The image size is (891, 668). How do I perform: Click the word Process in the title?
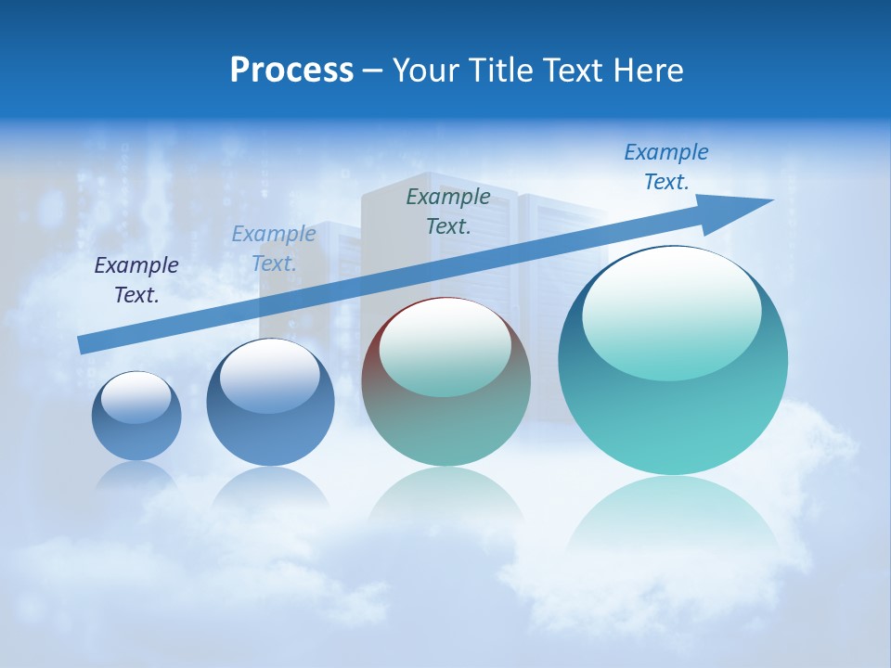(291, 71)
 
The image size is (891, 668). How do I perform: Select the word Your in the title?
(427, 71)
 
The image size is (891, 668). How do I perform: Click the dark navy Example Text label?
(136, 280)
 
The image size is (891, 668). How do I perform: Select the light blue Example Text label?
(274, 249)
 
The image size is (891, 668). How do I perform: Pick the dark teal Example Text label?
(448, 211)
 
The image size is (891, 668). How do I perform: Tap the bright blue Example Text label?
(666, 167)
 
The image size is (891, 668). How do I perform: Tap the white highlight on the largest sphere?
(671, 311)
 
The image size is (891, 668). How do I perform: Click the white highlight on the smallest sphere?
(136, 397)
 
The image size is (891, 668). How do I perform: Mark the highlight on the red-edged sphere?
(445, 345)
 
